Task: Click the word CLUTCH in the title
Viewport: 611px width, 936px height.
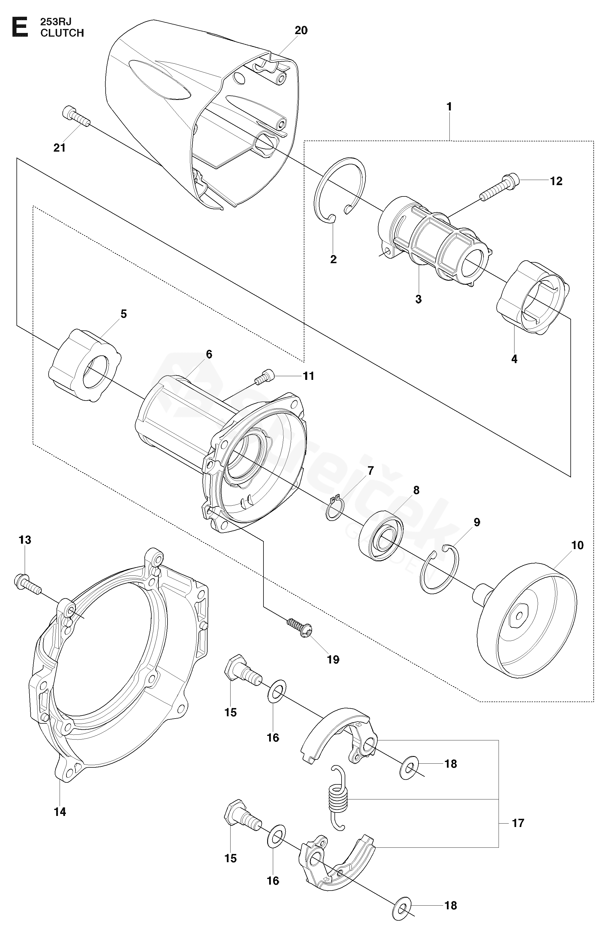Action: click(x=62, y=33)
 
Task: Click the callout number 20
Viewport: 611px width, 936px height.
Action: click(x=301, y=30)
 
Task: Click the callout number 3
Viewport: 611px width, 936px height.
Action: click(x=418, y=299)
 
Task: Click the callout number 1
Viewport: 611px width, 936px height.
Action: click(x=449, y=106)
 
